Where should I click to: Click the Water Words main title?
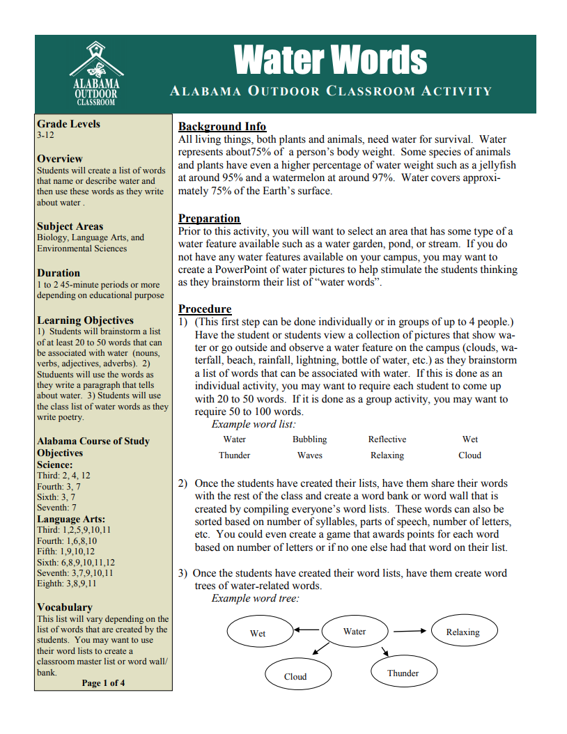[331, 60]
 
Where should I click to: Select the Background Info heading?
[222, 127]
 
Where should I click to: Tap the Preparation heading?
[209, 219]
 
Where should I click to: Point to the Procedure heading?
[205, 309]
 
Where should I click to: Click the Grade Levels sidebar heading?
[68, 124]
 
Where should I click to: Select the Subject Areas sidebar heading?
[70, 226]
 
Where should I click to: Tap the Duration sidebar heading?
[59, 273]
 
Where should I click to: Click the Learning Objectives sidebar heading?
[85, 320]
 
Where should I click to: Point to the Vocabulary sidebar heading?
[64, 607]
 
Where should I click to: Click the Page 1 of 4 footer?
[103, 683]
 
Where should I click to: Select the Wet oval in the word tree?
[258, 633]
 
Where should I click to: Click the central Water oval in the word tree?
[355, 632]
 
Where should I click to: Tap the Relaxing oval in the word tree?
[463, 632]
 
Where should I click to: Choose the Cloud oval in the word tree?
[295, 676]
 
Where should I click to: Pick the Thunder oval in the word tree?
[403, 673]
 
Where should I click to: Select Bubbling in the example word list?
[309, 439]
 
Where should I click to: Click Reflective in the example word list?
[387, 439]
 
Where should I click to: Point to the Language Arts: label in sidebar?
[71, 519]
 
